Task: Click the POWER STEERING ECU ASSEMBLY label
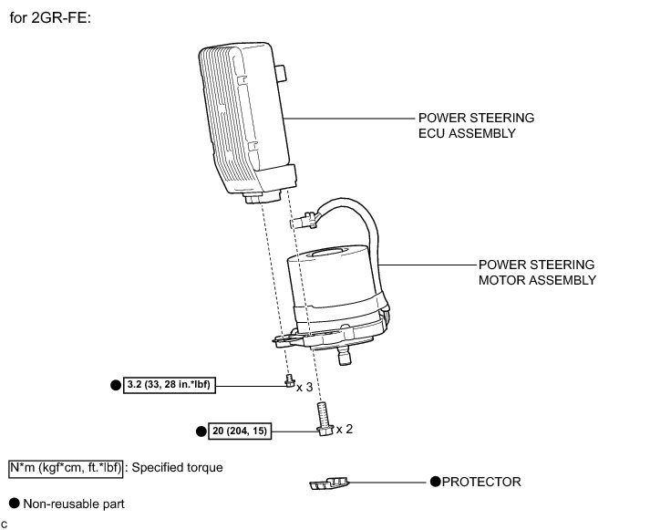[476, 126]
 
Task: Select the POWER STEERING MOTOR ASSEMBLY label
[537, 273]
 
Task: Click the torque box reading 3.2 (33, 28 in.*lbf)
[170, 385]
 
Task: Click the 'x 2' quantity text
[345, 429]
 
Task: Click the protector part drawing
[330, 483]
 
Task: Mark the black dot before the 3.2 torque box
[115, 385]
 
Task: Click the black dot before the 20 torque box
[201, 430]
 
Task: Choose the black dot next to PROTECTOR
[435, 481]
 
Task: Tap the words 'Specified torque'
[177, 467]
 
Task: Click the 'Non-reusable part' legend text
[74, 503]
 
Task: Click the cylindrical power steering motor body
[333, 287]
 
